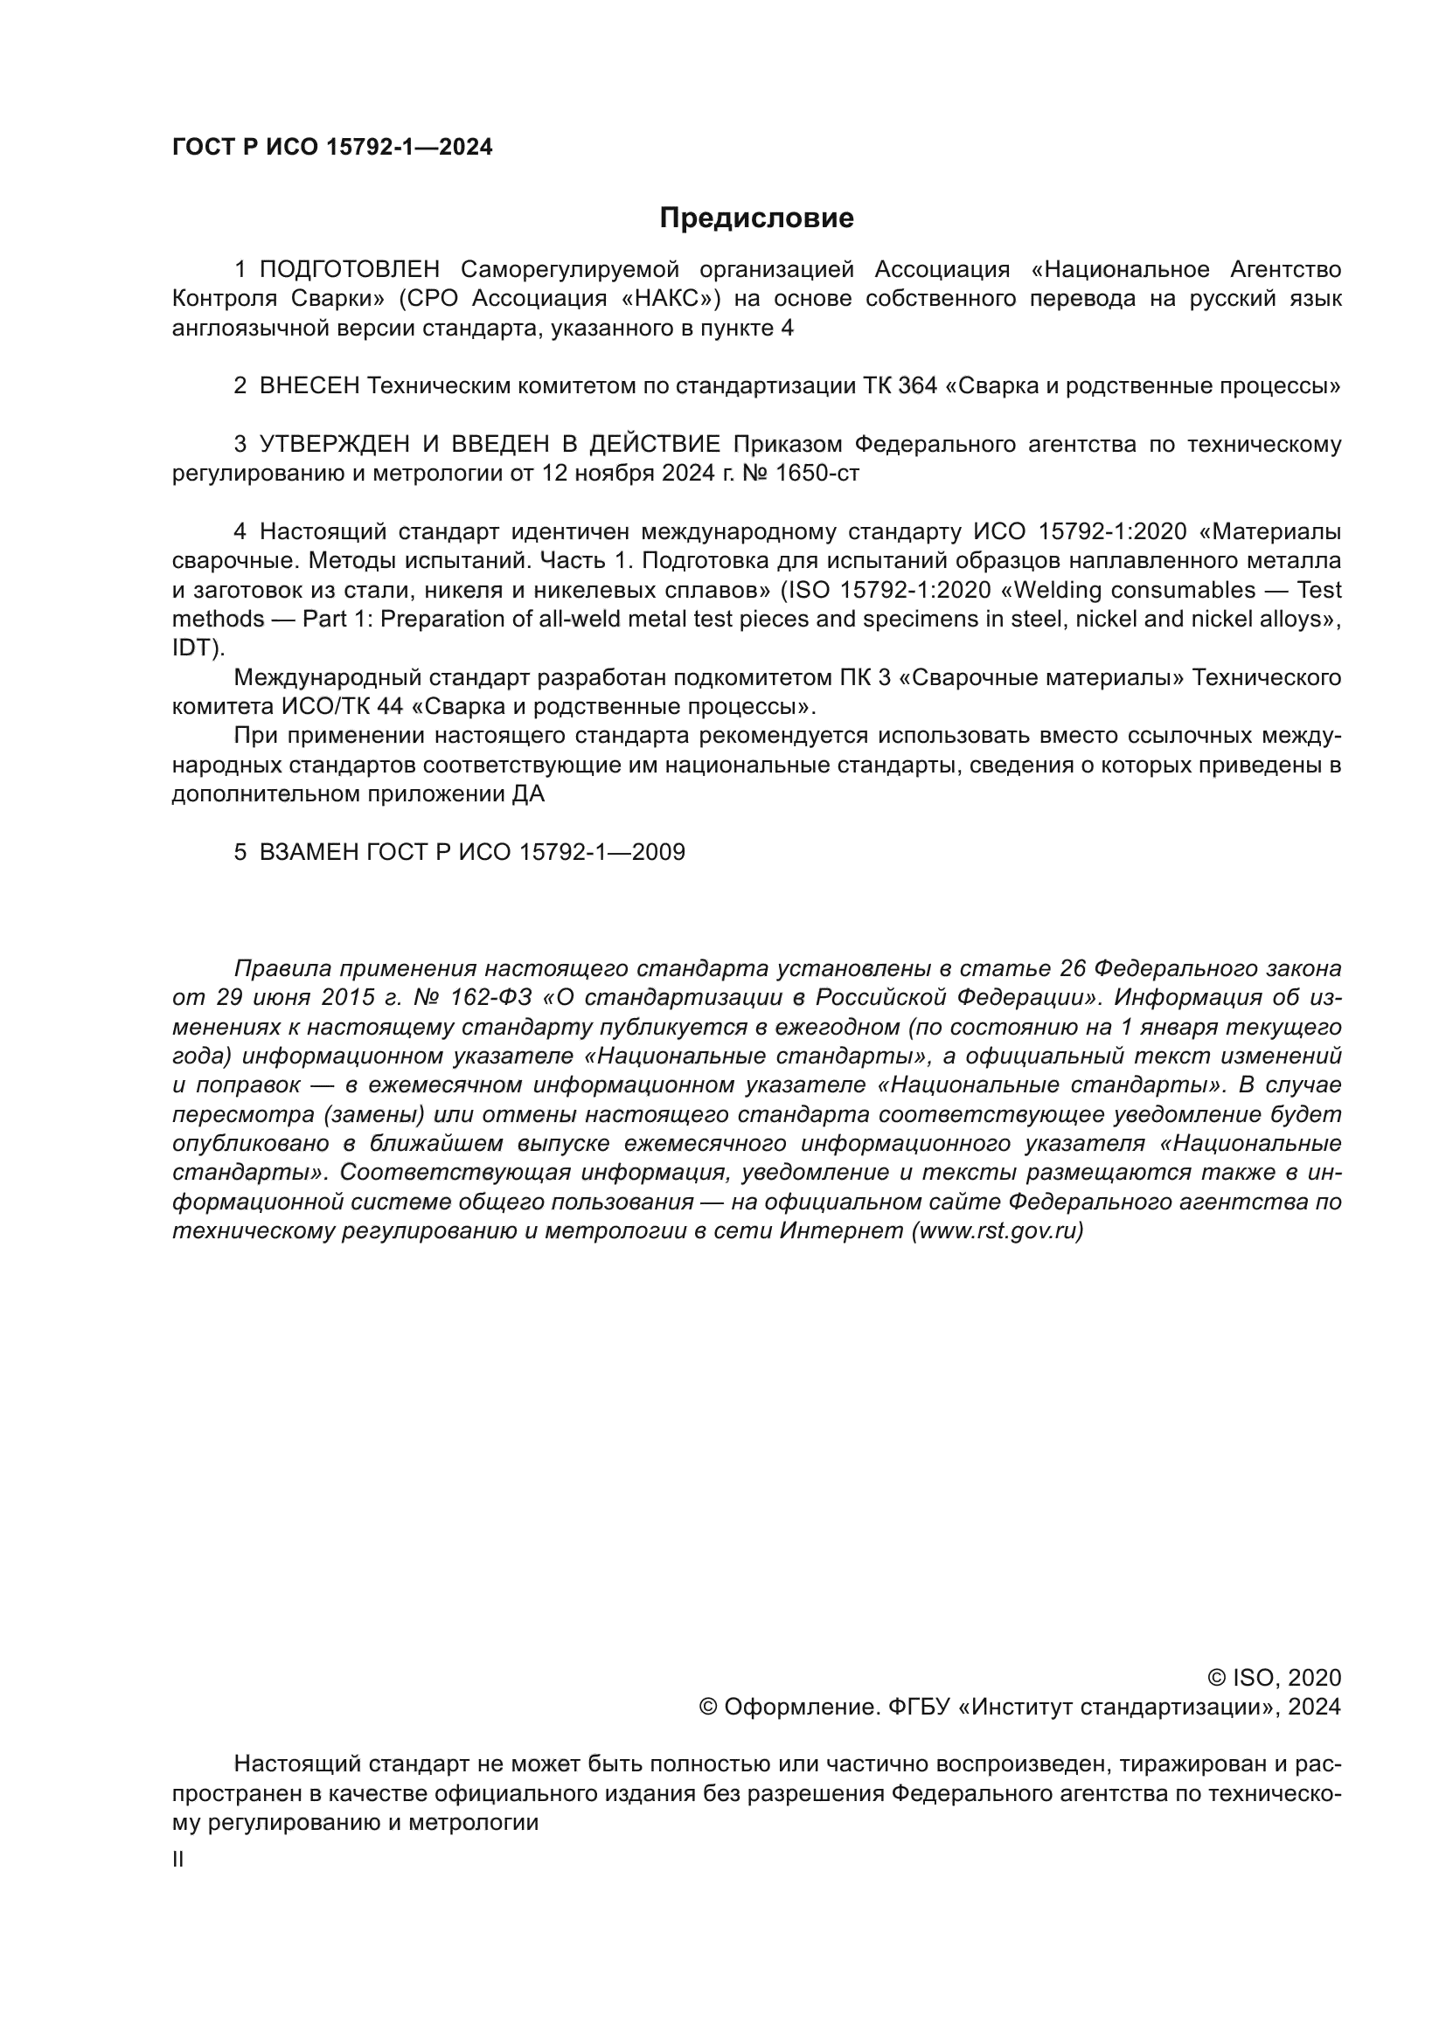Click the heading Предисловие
coord(756,218)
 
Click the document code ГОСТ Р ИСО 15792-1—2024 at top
coord(332,148)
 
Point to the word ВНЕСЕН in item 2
coord(309,386)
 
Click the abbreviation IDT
coord(193,648)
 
